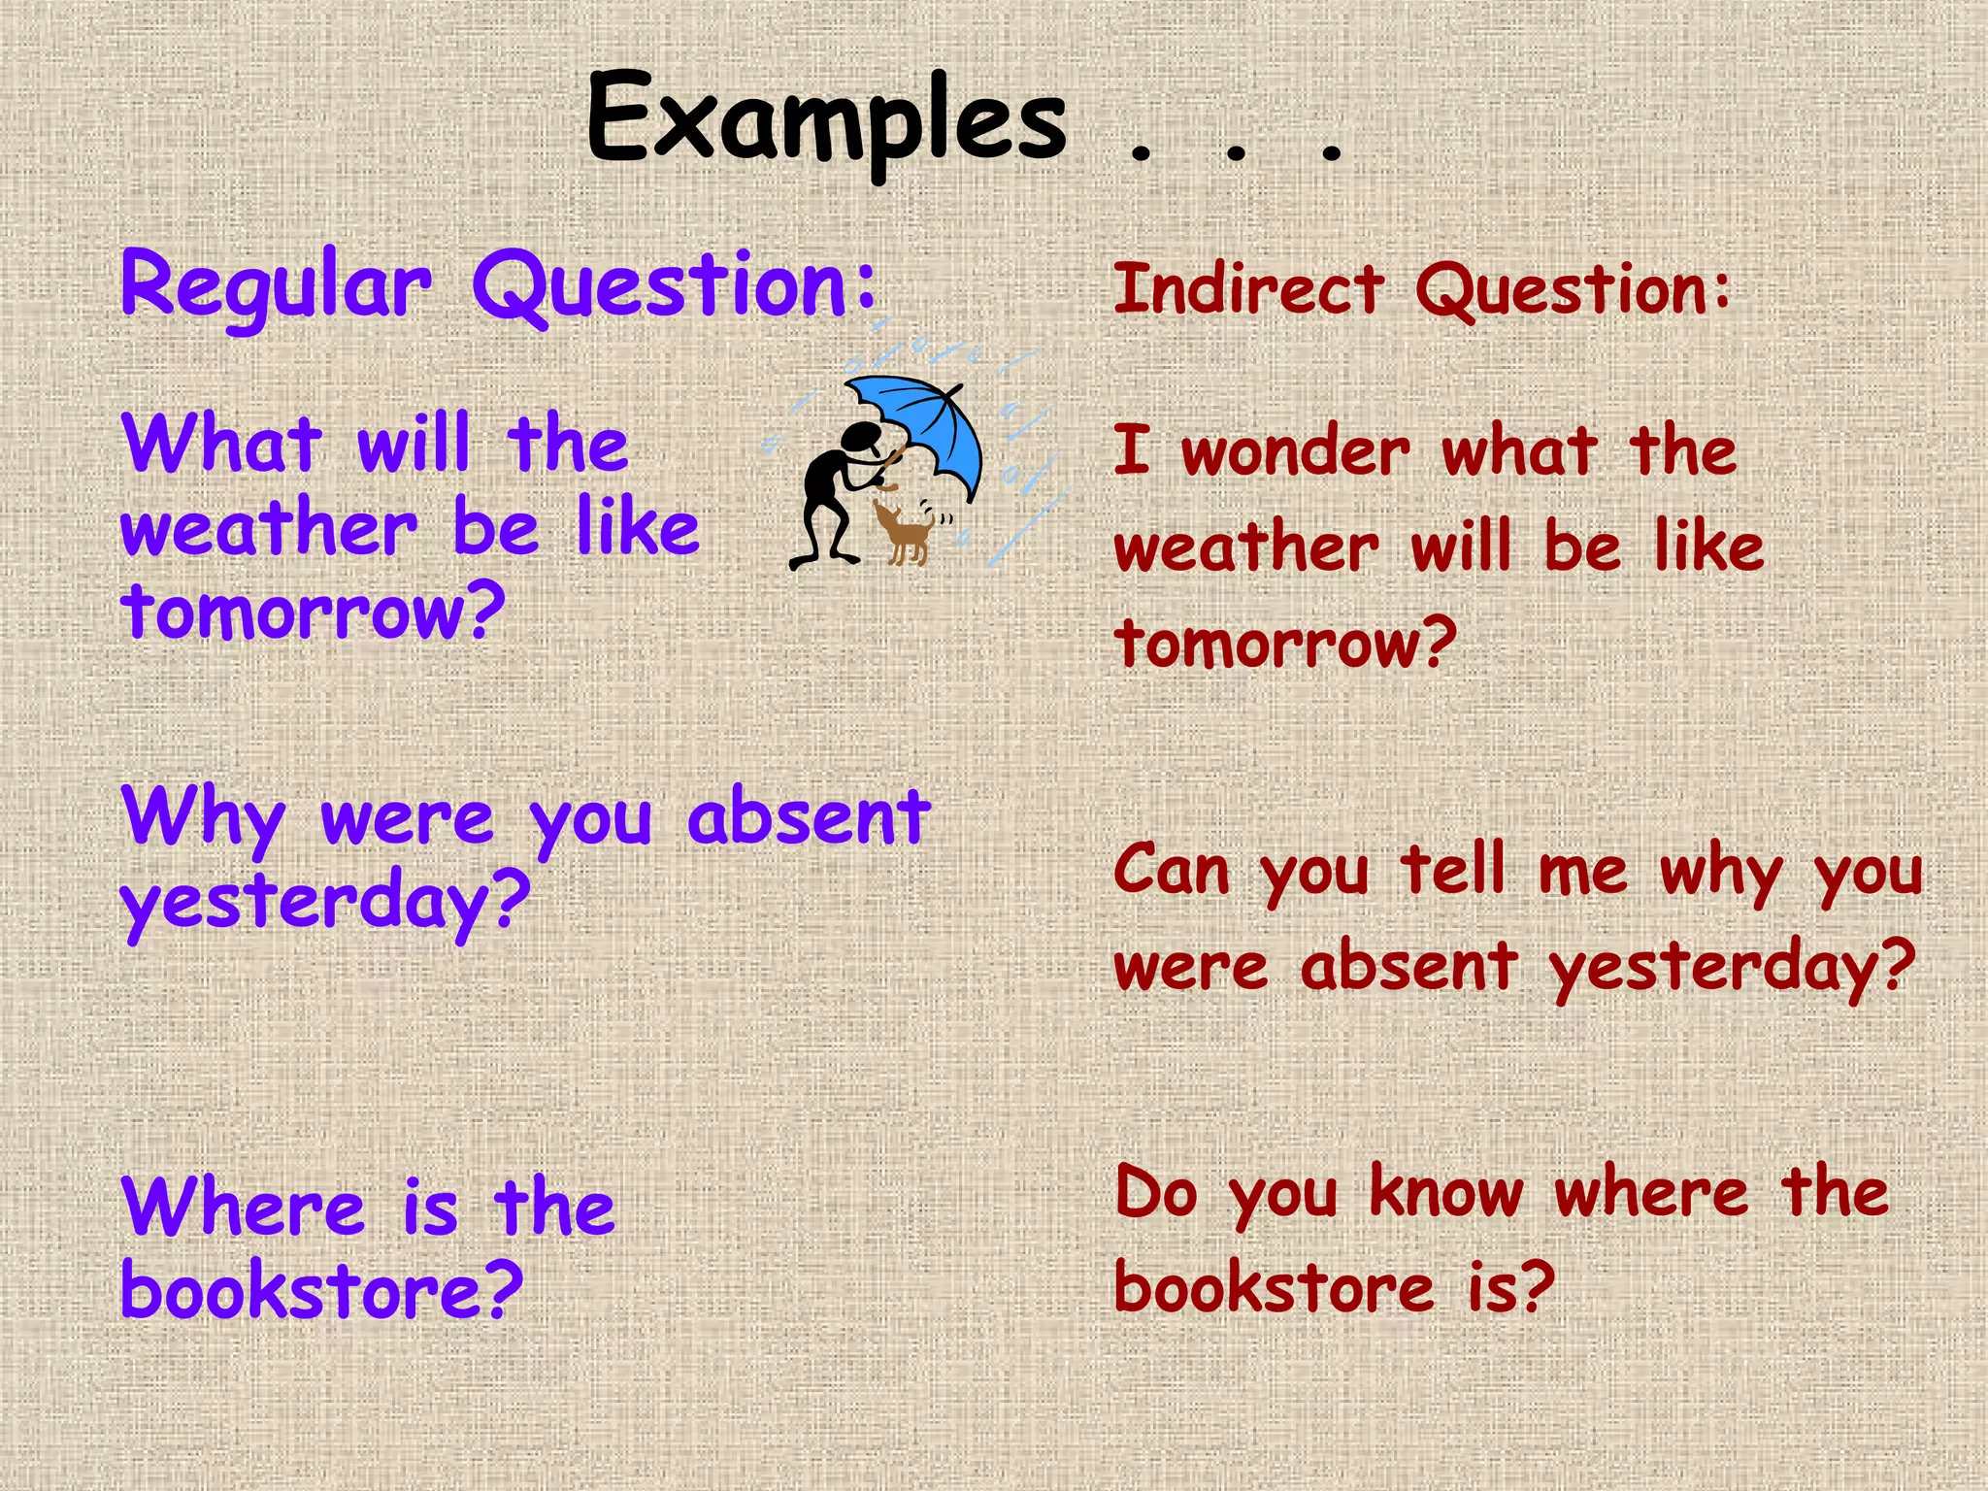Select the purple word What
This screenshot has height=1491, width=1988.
pyautogui.click(x=221, y=443)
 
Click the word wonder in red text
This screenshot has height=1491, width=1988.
pyautogui.click(x=1295, y=451)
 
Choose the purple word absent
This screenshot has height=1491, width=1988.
pyautogui.click(x=809, y=816)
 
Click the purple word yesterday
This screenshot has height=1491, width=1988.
pyautogui.click(x=324, y=900)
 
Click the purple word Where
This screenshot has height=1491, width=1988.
pyautogui.click(x=243, y=1207)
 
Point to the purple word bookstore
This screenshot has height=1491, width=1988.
pyautogui.click(x=320, y=1290)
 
